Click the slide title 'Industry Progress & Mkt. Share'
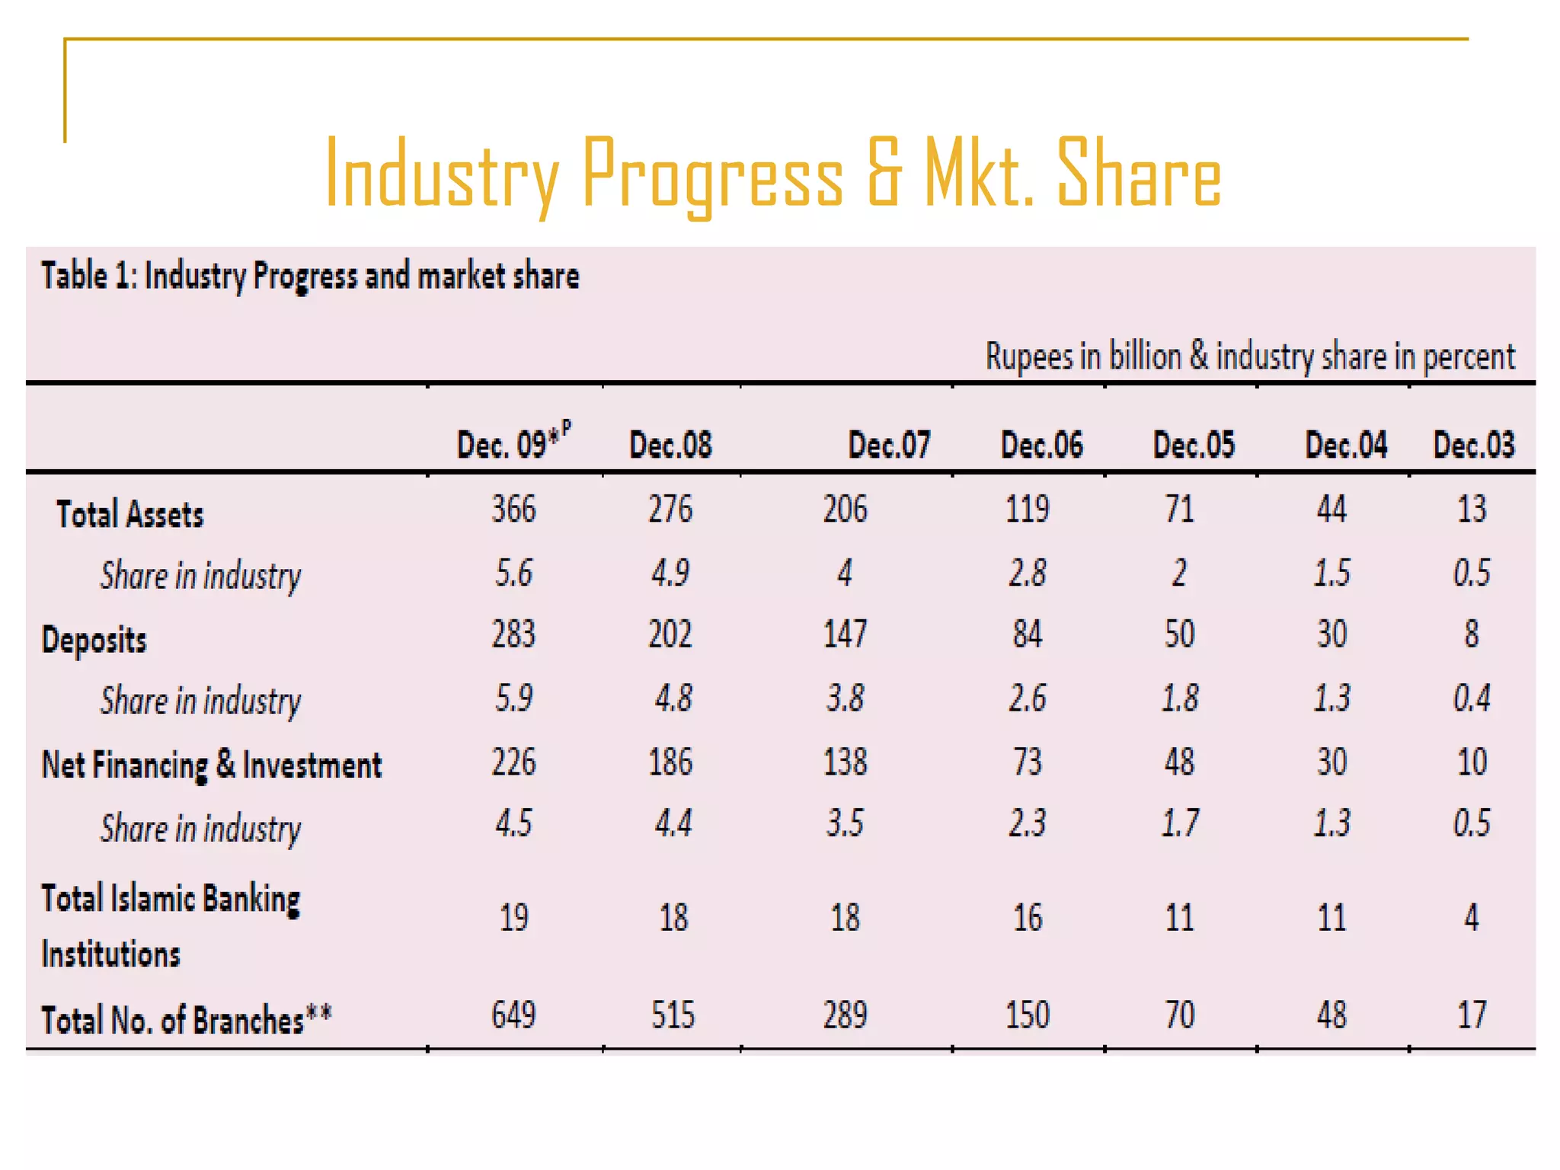tap(772, 174)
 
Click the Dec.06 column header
tap(1041, 445)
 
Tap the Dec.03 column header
tap(1473, 445)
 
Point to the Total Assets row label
tap(129, 514)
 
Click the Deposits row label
tap(94, 639)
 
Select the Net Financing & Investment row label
tap(211, 765)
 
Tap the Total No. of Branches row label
tap(186, 1020)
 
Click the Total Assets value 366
tap(513, 509)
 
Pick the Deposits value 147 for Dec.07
tap(845, 634)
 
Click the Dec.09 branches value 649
tap(513, 1015)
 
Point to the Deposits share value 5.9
tap(513, 698)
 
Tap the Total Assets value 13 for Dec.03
tap(1471, 509)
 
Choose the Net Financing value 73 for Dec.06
tap(1027, 762)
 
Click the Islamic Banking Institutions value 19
tap(513, 917)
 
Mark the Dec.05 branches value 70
tap(1179, 1015)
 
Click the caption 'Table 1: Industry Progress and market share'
tap(309, 276)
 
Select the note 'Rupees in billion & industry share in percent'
tap(1249, 356)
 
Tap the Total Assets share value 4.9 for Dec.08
tap(670, 573)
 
